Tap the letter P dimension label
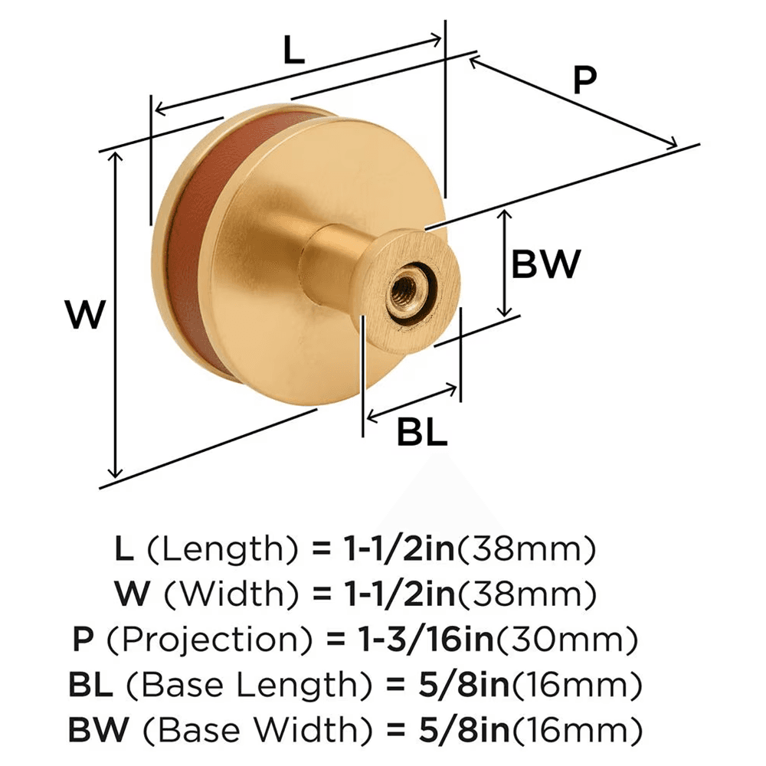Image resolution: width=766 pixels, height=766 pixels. [584, 80]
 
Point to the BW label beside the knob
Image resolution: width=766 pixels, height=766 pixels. [546, 266]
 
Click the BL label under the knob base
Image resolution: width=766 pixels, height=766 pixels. [421, 434]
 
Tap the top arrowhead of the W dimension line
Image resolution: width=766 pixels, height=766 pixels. [116, 155]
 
